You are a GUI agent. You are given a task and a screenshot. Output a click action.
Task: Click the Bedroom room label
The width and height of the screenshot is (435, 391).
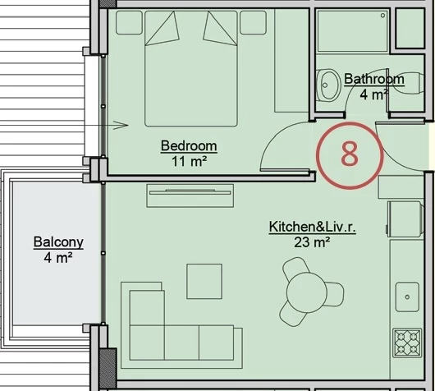(x=189, y=145)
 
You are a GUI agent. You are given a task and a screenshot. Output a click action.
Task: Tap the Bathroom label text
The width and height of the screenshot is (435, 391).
(x=374, y=79)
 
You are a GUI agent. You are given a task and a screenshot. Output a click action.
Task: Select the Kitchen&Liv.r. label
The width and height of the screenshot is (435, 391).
(x=312, y=227)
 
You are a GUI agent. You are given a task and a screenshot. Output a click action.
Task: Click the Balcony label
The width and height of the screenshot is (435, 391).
(x=58, y=242)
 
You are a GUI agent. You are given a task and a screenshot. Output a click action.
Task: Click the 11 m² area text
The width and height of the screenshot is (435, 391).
(x=190, y=161)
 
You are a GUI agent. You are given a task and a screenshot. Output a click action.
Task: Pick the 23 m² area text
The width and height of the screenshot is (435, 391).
(x=312, y=242)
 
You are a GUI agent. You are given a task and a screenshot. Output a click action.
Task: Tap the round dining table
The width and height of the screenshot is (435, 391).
(x=307, y=292)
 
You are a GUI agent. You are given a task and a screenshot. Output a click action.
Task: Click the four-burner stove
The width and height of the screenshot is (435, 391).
(x=407, y=343)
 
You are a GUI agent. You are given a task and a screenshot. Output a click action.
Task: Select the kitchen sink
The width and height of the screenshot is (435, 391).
(x=407, y=297)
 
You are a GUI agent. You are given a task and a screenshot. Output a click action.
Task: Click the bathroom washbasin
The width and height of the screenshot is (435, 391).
(x=328, y=85)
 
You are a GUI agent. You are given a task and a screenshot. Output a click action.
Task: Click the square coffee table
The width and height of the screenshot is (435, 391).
(x=204, y=281)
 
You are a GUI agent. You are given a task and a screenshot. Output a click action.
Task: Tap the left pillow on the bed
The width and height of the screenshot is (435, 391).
(x=162, y=29)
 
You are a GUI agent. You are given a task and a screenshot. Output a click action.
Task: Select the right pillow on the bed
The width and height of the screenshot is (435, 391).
(x=220, y=29)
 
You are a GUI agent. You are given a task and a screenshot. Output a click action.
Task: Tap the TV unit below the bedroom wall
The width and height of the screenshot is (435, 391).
(x=190, y=195)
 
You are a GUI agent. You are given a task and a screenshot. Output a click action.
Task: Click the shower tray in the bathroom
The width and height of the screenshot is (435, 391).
(x=352, y=31)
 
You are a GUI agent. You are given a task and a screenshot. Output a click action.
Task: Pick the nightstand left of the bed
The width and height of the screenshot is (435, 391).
(x=129, y=22)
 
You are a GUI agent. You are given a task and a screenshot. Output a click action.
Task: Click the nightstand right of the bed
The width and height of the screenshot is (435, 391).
(x=253, y=22)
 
